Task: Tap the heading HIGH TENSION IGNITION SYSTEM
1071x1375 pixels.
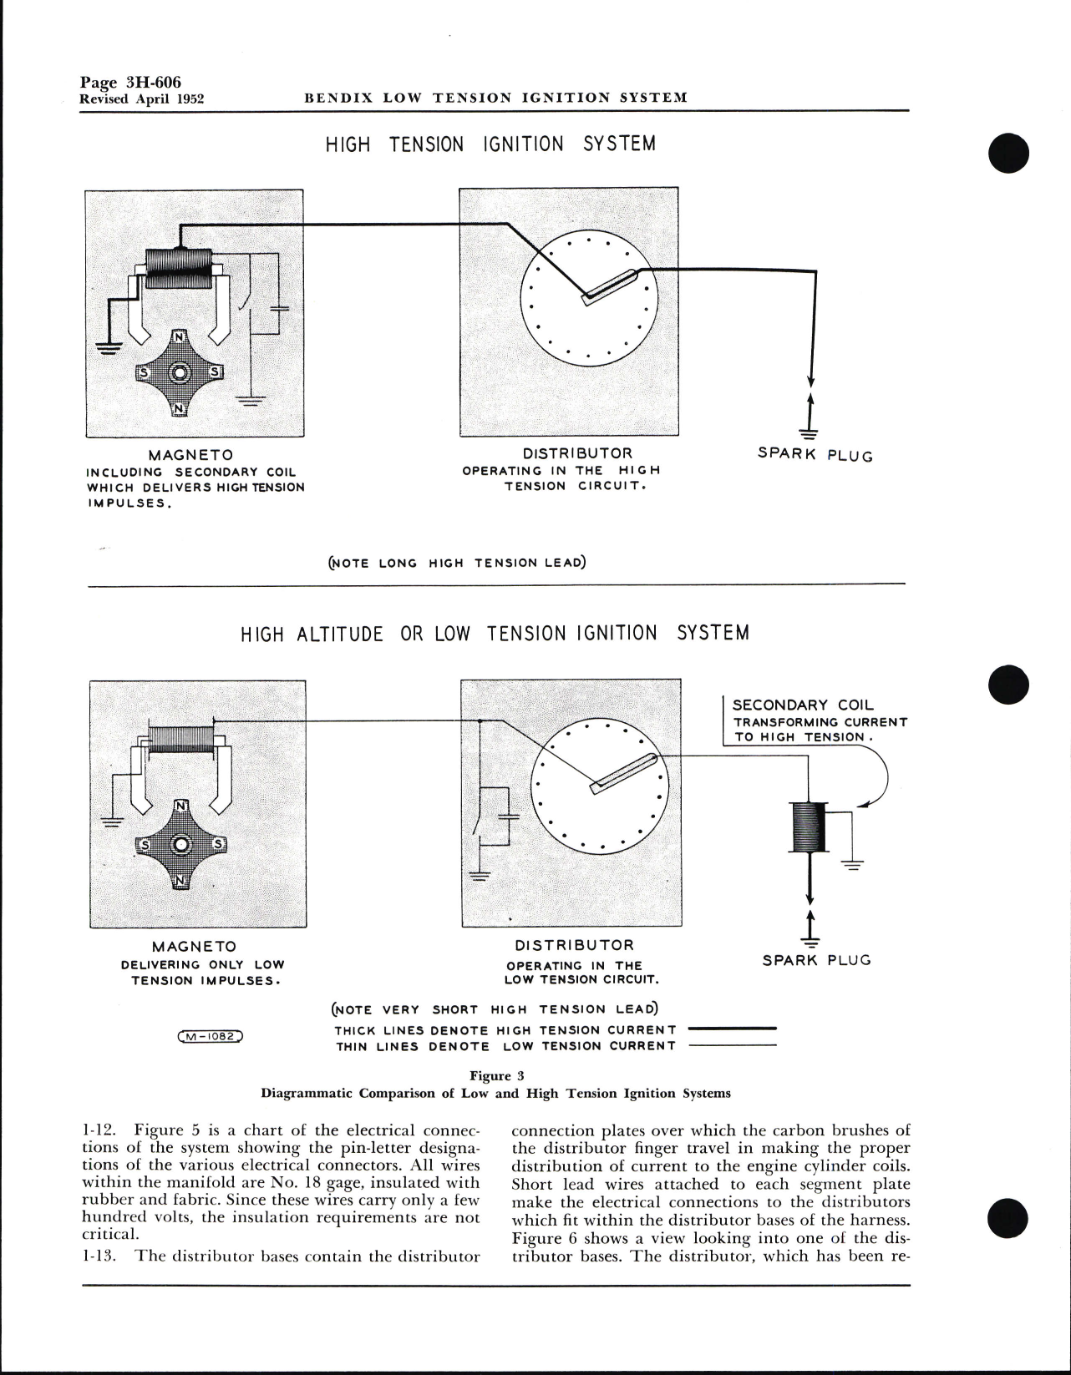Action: click(490, 144)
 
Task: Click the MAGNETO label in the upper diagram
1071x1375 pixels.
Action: click(190, 455)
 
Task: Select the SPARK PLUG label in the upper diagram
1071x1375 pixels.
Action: click(815, 455)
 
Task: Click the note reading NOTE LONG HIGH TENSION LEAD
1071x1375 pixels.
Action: click(457, 563)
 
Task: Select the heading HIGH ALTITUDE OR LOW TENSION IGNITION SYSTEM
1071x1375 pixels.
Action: click(495, 634)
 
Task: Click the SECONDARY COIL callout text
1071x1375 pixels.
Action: click(803, 705)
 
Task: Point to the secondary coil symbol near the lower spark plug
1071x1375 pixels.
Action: click(809, 827)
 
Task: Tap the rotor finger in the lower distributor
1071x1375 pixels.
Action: click(622, 774)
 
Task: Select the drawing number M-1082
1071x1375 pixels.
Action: click(211, 1037)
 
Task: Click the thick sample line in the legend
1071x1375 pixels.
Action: click(730, 1029)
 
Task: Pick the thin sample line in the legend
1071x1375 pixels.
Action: click(730, 1046)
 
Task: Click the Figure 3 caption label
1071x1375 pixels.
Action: click(496, 1076)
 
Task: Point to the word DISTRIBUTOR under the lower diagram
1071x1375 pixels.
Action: click(574, 946)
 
